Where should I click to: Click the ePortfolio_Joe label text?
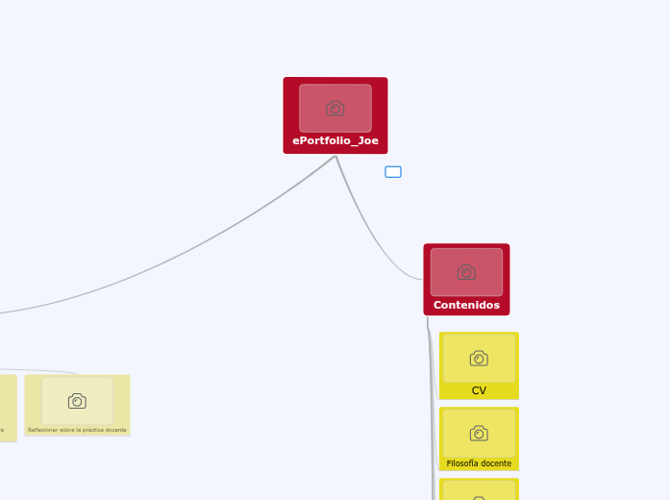point(335,140)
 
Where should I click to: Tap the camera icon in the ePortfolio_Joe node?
point(335,109)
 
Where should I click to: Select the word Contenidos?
point(466,305)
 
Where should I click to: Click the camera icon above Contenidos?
point(466,272)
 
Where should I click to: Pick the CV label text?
point(479,390)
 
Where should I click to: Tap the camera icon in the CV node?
point(479,359)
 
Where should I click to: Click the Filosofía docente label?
point(479,463)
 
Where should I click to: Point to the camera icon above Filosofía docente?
point(479,434)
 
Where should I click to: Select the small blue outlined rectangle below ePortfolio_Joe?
point(393,172)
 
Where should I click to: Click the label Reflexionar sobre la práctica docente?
point(77,430)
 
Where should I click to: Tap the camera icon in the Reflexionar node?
point(77,401)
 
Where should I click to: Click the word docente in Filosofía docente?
point(496,463)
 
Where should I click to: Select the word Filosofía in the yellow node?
point(462,463)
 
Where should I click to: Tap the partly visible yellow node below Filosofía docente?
point(479,489)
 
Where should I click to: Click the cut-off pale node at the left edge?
point(8,409)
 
